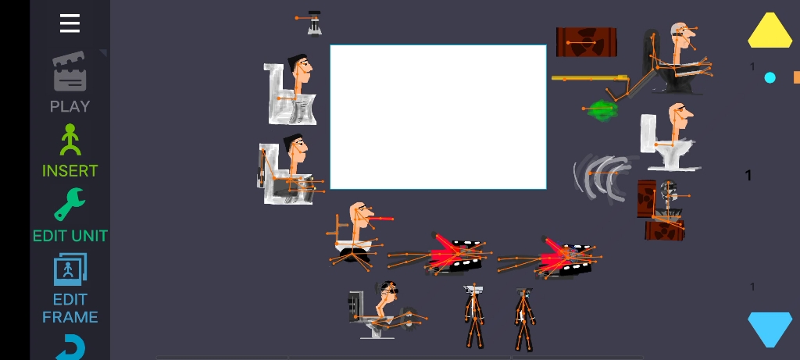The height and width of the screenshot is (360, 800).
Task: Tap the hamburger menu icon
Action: [x=70, y=23]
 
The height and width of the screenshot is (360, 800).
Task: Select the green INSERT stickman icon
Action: [x=70, y=140]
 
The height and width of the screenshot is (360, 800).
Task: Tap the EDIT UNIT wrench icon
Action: [x=70, y=204]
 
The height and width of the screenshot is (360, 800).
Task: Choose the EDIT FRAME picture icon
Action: [x=70, y=269]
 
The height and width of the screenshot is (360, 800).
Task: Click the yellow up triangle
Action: [x=770, y=30]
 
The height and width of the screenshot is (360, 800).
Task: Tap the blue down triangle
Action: [x=770, y=330]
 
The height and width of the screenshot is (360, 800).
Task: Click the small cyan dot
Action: [x=770, y=77]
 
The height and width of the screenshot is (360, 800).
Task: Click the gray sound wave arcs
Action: [x=602, y=176]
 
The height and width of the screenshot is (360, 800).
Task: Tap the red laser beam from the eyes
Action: [x=380, y=219]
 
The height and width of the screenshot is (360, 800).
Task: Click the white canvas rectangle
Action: [x=438, y=117]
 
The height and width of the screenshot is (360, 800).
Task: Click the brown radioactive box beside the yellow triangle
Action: [x=586, y=42]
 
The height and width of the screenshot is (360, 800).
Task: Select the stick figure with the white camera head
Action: [x=474, y=316]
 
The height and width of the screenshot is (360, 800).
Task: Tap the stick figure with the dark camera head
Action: [x=524, y=319]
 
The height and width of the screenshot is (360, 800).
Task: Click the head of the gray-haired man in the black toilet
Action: [x=681, y=36]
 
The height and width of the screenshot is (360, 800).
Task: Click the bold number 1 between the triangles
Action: [x=748, y=176]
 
